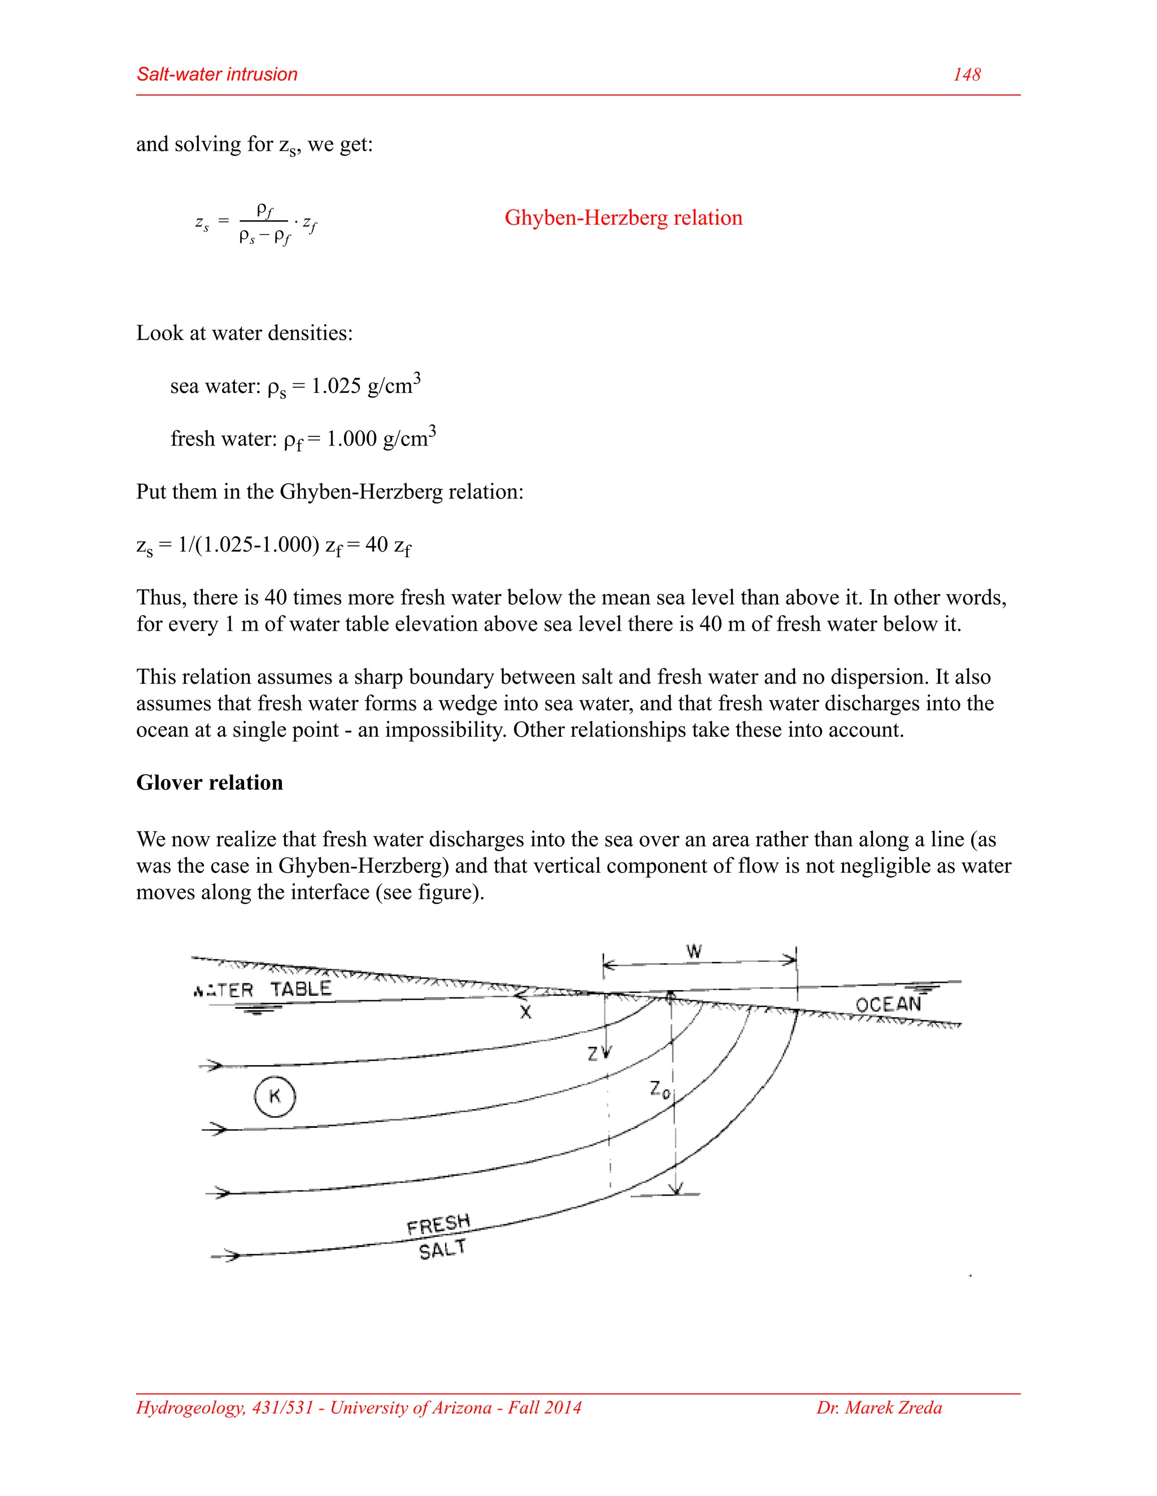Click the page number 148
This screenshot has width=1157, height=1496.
pos(967,75)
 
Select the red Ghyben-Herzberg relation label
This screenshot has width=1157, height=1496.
pos(623,218)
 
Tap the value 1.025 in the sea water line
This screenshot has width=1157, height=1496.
pos(336,386)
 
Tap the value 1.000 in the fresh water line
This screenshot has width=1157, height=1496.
pos(351,439)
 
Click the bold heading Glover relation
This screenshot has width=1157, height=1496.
pos(209,782)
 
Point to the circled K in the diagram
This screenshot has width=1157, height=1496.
pos(275,1096)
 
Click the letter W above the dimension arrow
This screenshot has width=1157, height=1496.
pos(694,951)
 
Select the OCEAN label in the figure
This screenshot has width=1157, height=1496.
pos(888,1005)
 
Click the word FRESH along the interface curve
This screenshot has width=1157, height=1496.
pos(438,1224)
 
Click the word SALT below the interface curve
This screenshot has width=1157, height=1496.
pos(442,1250)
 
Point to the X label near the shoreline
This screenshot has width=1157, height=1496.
pos(525,1012)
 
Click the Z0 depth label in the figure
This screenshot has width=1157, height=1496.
pos(659,1090)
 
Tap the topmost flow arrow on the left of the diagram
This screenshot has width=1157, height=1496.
pos(215,1066)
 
